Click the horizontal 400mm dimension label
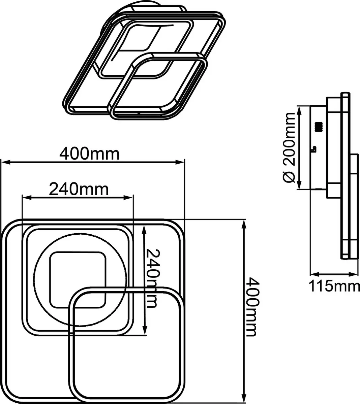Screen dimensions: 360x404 point(89,154)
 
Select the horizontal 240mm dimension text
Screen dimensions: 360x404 point(79,190)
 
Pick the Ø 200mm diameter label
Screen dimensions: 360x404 point(289,147)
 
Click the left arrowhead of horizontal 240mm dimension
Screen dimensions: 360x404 point(27,198)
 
